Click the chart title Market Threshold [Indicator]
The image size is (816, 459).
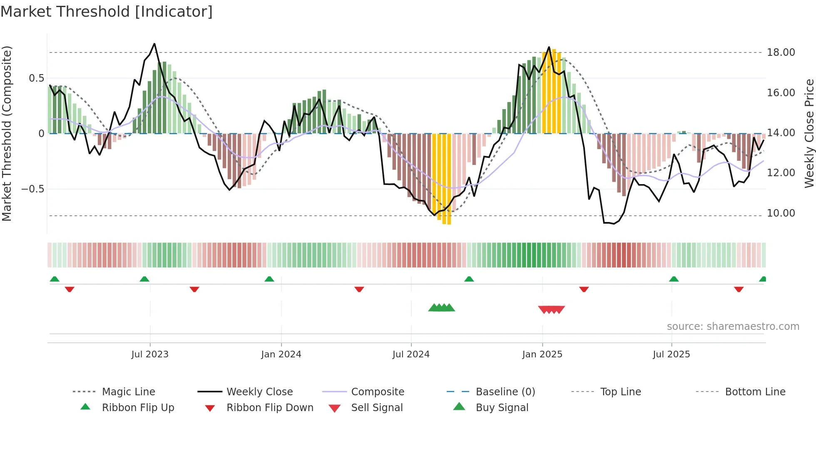coord(107,12)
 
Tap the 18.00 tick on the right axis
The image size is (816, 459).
coord(781,52)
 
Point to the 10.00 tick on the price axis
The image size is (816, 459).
coord(781,213)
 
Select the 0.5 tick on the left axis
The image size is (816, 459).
coord(36,78)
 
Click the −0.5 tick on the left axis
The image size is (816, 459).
coord(32,189)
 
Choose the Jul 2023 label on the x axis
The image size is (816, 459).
coord(150,354)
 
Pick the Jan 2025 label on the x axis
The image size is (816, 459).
coord(542,354)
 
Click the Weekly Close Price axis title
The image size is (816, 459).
coord(809,133)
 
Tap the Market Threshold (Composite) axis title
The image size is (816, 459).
coord(7,133)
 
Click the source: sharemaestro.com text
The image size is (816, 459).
coord(733,327)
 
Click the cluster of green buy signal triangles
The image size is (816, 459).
coord(442,308)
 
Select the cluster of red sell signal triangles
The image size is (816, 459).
coord(551,309)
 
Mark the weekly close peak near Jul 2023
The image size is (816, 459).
coord(154,44)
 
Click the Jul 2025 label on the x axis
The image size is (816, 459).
coord(671,354)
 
